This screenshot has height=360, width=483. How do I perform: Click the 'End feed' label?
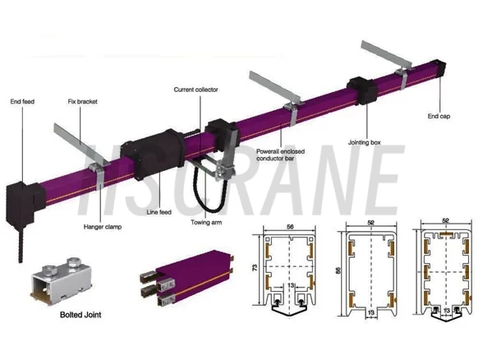pyautogui.click(x=22, y=101)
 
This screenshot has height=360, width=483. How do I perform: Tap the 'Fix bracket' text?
pyautogui.click(x=82, y=101)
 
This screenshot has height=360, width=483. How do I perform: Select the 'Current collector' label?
pyautogui.click(x=195, y=90)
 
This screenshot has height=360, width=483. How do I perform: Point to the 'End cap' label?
pyautogui.click(x=439, y=116)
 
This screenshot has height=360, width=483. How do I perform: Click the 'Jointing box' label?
pyautogui.click(x=365, y=142)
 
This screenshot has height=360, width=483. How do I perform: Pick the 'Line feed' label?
pyautogui.click(x=159, y=212)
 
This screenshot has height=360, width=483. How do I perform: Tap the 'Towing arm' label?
pyautogui.click(x=206, y=222)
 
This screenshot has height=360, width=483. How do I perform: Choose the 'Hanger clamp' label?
pyautogui.click(x=103, y=227)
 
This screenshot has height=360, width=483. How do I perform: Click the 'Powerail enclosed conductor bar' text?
pyautogui.click(x=280, y=155)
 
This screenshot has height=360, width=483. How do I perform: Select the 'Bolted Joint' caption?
pyautogui.click(x=80, y=315)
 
